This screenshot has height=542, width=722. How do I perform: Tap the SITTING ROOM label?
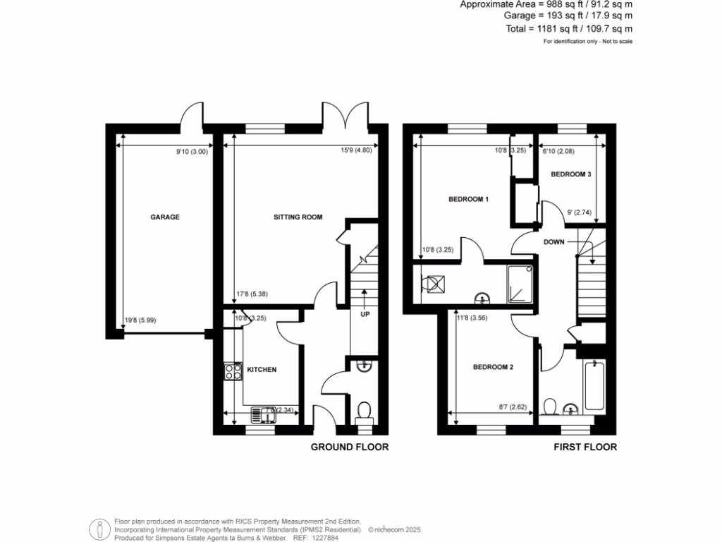298,217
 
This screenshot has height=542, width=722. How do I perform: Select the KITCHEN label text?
262,370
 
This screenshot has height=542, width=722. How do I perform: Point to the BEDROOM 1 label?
469,200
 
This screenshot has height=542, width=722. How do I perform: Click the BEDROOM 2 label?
492,367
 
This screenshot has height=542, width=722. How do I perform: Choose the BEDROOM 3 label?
570,174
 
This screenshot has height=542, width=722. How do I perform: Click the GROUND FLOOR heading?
350,447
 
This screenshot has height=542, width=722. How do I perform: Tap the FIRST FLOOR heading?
585,447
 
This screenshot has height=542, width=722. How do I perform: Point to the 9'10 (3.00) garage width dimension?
192,150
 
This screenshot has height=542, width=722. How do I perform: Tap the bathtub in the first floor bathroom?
594,385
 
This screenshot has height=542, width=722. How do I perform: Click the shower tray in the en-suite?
521,284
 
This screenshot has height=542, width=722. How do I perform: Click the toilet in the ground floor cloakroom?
364,410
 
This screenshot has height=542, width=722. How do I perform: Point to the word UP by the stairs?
365,314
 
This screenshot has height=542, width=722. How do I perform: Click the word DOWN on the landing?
553,241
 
